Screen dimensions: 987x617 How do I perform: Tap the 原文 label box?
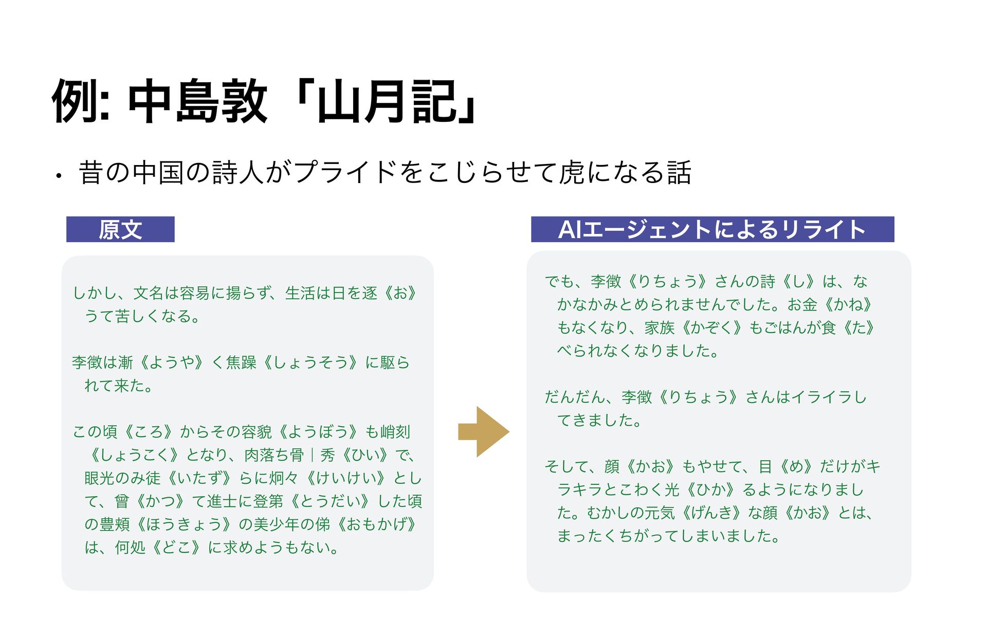click(x=120, y=229)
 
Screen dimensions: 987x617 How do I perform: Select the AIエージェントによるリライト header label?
click(x=712, y=229)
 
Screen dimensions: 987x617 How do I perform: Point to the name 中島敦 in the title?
click(x=197, y=102)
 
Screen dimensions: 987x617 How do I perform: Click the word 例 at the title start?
click(x=75, y=102)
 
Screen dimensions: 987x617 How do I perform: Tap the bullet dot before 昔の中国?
click(x=59, y=176)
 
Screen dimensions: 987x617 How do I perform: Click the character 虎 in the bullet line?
click(x=572, y=172)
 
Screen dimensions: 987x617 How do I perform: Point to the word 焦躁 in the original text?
click(x=241, y=362)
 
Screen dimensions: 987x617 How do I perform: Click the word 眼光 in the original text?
click(x=100, y=478)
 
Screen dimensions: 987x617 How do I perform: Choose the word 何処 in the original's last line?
click(x=130, y=548)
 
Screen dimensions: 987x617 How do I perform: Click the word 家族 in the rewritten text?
click(x=660, y=328)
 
